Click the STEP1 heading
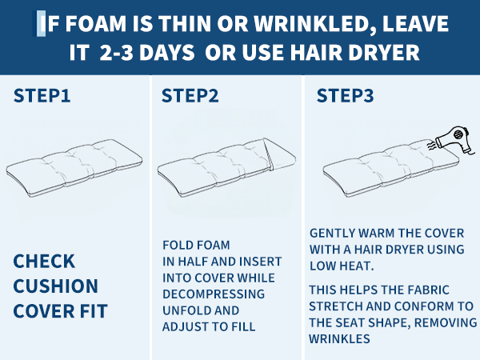click(x=42, y=95)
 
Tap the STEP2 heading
click(x=190, y=95)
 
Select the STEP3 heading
click(x=345, y=95)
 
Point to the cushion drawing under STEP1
click(x=74, y=168)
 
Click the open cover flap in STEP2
click(x=280, y=154)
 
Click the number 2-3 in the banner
click(x=116, y=52)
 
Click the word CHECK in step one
click(x=44, y=261)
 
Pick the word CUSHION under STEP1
click(x=56, y=286)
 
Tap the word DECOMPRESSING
click(x=214, y=294)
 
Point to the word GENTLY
click(x=333, y=234)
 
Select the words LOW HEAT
click(x=342, y=266)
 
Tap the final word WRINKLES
click(x=339, y=339)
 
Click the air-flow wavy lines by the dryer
click(x=432, y=145)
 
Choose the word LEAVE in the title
click(x=415, y=24)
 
